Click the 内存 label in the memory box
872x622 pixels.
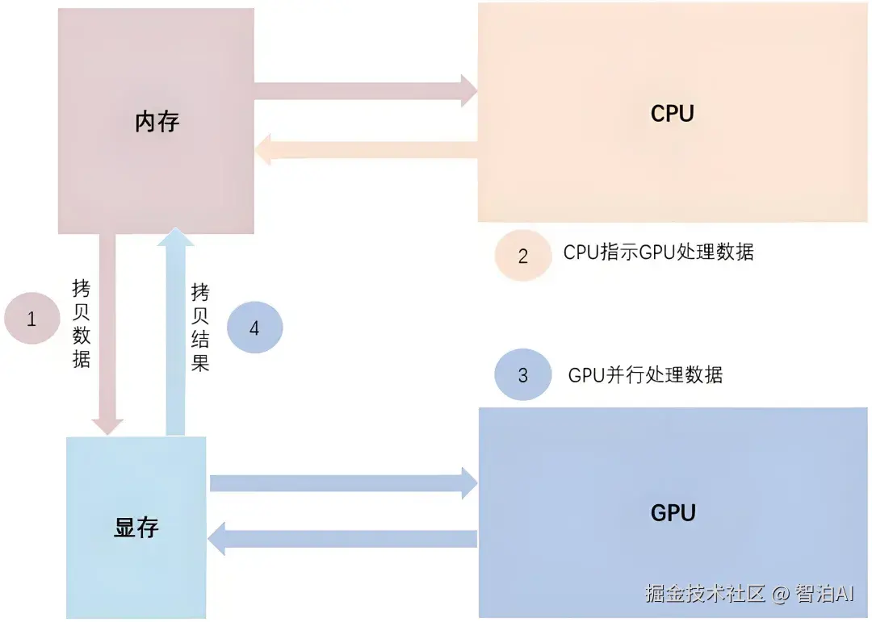tap(157, 122)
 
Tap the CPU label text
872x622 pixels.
tap(673, 114)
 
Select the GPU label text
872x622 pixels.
tap(673, 512)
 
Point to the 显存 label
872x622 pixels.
tap(136, 527)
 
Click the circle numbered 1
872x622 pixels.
tap(32, 318)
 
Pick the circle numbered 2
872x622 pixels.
tap(522, 255)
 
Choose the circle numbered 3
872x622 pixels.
tap(522, 374)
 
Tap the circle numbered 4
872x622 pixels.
tap(254, 328)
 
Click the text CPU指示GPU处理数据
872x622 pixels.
tap(659, 252)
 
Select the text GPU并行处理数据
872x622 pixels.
tap(645, 375)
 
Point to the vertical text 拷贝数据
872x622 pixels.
tap(82, 324)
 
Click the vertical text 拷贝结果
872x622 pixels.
tap(200, 327)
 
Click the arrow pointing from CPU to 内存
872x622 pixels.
tap(367, 149)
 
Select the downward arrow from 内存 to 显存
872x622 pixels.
tap(107, 333)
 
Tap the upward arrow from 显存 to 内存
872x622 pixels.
tap(176, 332)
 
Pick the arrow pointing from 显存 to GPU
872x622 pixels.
tap(343, 483)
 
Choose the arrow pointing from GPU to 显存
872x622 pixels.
tap(342, 539)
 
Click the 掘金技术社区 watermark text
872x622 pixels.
tap(705, 594)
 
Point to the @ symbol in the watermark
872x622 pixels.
tap(781, 595)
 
